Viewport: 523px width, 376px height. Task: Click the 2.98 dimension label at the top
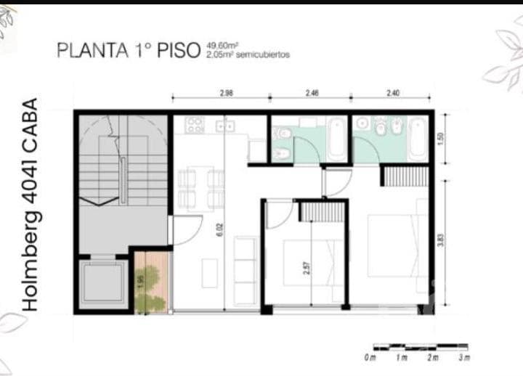(x=226, y=93)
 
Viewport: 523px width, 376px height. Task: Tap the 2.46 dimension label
(x=312, y=93)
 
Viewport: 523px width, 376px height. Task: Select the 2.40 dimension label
(x=393, y=93)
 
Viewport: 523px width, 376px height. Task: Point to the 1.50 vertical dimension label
(x=441, y=139)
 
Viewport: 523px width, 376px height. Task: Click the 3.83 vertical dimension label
(x=441, y=240)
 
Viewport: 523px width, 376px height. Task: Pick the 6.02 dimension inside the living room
(x=219, y=229)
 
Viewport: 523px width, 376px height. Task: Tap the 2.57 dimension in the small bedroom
(x=307, y=268)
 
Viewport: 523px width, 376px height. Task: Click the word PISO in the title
(x=179, y=50)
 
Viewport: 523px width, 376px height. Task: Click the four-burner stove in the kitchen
(x=195, y=125)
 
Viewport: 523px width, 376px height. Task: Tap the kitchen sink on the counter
(x=225, y=126)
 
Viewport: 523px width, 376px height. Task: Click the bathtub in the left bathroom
(x=336, y=139)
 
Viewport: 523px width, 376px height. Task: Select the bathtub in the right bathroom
(x=417, y=139)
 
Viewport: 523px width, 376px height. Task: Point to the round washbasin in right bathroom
(x=362, y=124)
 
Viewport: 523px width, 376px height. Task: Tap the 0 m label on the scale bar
(x=370, y=358)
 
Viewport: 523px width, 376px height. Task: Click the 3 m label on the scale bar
(x=464, y=358)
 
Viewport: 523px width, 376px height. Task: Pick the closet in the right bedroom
(x=405, y=176)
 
